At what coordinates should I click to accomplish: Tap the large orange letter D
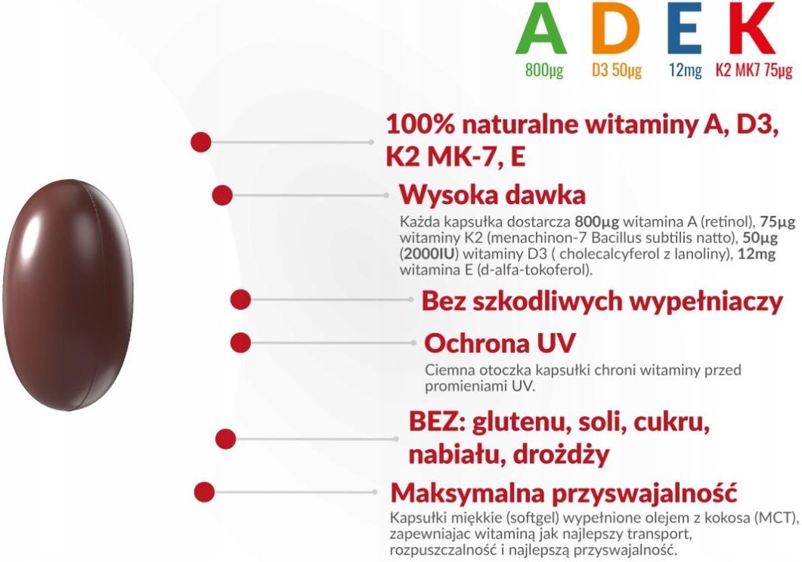615,30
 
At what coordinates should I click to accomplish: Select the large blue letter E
685,30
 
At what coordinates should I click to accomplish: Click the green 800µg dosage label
544,71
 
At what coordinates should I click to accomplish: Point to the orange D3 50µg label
617,71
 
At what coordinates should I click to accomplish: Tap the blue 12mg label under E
686,71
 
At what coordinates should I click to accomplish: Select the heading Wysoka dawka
492,195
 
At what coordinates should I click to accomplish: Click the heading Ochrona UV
500,343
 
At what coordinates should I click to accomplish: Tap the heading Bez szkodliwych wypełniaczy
602,301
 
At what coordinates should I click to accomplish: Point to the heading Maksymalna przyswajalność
564,493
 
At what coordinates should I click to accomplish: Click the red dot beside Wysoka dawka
221,195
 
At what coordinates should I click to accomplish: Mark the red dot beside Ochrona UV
240,342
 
